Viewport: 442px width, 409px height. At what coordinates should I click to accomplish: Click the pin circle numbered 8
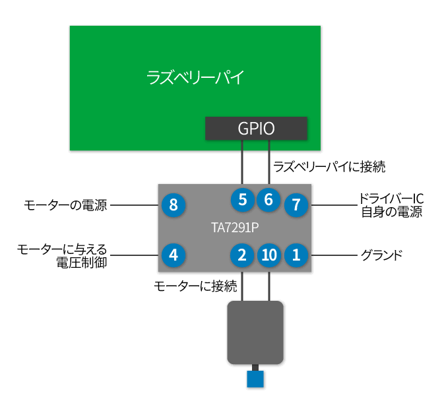174,205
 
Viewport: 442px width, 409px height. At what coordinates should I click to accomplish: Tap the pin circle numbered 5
243,199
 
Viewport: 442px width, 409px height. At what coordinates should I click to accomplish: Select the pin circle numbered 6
268,199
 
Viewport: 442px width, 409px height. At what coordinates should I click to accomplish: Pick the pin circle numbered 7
296,205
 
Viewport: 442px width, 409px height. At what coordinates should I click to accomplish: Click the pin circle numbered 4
174,255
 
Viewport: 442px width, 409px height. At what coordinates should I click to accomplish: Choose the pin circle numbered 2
243,255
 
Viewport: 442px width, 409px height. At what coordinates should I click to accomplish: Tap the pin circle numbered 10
269,255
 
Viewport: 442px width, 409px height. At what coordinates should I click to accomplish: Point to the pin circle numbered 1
296,255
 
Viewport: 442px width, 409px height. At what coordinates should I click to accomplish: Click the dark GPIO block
256,128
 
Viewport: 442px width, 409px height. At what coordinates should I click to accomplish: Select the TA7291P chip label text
234,228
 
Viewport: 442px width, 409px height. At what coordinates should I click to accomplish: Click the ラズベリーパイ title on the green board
195,77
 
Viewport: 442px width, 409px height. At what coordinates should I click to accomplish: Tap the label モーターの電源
65,206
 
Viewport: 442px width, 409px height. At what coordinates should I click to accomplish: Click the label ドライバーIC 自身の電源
391,206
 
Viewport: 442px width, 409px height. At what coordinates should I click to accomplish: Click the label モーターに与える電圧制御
63,255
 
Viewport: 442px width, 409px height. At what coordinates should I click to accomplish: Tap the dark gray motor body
255,332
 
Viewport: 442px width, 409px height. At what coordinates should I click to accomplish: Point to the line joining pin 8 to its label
135,206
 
